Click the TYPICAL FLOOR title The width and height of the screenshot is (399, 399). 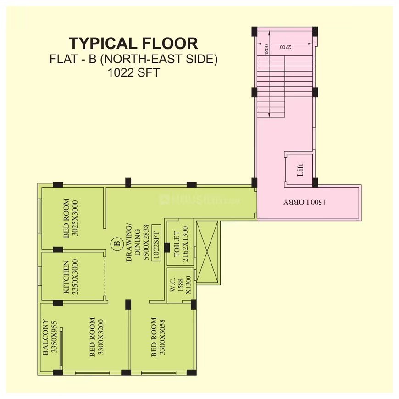point(133,43)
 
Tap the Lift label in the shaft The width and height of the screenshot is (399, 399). point(300,170)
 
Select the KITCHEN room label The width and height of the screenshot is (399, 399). point(66,277)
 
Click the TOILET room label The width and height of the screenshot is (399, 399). point(177,244)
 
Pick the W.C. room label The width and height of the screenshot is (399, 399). point(173,285)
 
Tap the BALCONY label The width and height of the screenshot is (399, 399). point(45,337)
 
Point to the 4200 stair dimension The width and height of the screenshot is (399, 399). point(266,50)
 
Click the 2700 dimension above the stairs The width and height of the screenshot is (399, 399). point(286,47)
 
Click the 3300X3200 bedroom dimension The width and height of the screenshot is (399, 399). point(101,337)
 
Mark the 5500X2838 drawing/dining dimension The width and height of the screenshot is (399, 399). point(146,242)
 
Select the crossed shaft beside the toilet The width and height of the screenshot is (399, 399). point(207,252)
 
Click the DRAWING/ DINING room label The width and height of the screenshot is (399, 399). point(133,243)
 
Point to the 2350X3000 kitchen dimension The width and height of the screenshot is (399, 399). point(75,277)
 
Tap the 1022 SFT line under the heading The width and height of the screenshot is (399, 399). point(134,72)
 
